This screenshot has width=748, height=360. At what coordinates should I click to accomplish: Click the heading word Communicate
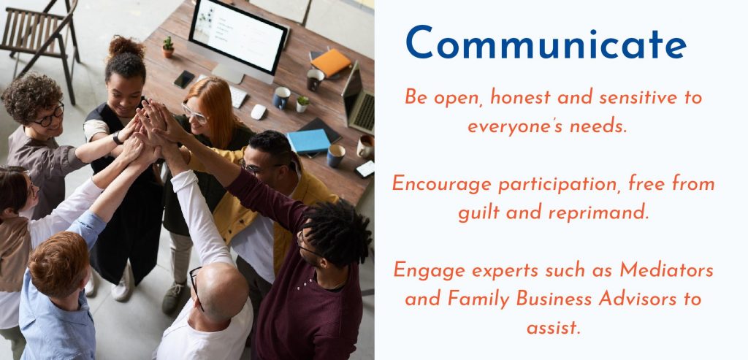[x=546, y=43]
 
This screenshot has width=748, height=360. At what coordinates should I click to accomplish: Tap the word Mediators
[x=667, y=271]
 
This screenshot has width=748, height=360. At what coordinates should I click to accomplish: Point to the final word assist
[x=554, y=328]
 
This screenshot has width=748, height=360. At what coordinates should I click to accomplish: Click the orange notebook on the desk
[x=330, y=63]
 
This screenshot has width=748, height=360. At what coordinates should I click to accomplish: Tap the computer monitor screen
[x=237, y=37]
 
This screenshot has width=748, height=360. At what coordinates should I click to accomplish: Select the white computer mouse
[x=258, y=112]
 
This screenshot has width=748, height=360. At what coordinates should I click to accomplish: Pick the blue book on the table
[x=309, y=142]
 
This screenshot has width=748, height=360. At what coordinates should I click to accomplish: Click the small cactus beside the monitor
[x=168, y=47]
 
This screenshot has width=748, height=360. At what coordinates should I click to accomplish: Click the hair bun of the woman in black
[x=126, y=47]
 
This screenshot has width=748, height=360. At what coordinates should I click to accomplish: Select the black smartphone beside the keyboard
[x=184, y=79]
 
